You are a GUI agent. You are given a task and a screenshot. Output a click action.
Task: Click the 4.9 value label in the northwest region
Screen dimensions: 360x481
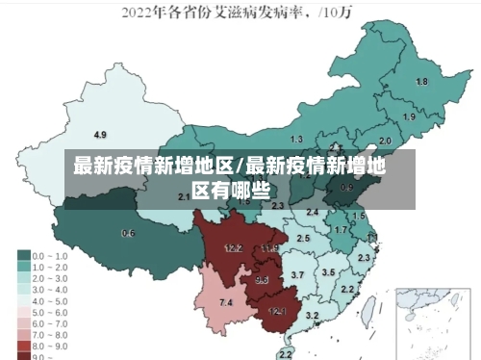point(100,134)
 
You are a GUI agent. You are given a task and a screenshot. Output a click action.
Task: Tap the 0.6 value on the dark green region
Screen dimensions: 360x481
point(128,233)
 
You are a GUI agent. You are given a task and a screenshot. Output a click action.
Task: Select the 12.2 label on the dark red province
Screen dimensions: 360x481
point(233,247)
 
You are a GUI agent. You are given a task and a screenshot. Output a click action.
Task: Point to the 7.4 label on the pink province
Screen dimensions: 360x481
point(226,303)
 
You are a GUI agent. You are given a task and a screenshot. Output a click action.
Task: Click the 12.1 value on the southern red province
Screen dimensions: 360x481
point(277,311)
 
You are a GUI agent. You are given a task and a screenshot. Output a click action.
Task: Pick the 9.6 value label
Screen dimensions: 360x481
point(262,279)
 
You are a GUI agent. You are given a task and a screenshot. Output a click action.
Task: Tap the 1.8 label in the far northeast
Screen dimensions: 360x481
point(420,82)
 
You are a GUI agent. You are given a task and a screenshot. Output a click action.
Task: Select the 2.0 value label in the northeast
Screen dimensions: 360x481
point(385,140)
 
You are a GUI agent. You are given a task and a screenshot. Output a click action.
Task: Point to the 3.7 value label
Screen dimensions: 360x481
point(297,275)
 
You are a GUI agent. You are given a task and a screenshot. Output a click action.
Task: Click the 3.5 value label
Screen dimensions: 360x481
point(328,272)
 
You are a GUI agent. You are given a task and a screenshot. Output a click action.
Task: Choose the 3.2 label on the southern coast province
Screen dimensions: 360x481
point(312,315)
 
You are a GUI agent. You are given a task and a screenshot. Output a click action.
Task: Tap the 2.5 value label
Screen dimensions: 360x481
point(303,237)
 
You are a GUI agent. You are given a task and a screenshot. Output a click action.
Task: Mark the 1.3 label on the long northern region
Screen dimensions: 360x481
point(296,140)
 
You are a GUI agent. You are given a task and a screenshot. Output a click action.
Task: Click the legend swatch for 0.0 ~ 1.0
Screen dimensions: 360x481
point(24,256)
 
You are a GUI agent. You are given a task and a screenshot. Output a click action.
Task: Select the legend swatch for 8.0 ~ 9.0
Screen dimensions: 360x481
point(24,344)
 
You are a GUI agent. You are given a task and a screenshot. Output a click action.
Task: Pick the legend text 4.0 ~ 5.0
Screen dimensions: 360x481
point(51,299)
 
